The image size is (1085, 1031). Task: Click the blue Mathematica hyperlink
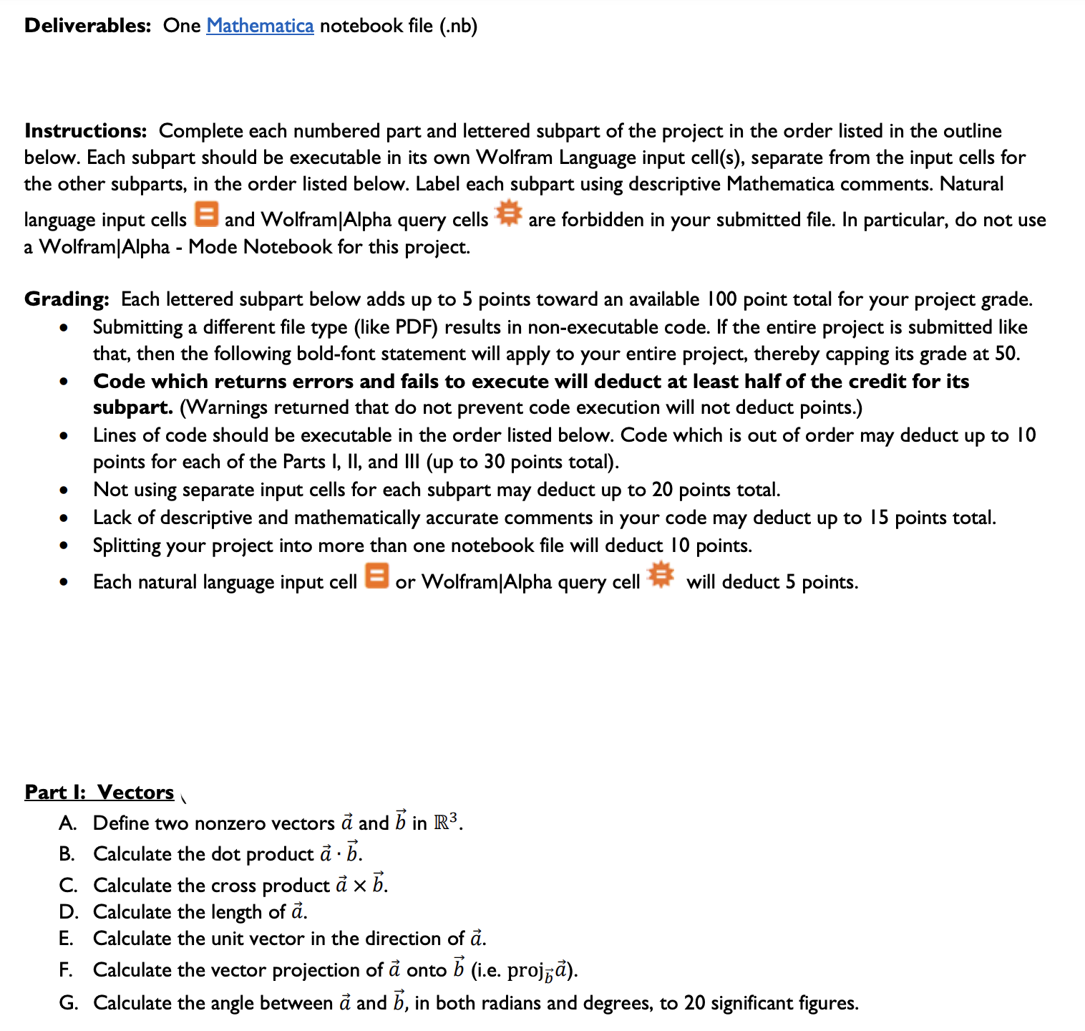[x=260, y=26]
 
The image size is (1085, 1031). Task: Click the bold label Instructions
[x=85, y=131]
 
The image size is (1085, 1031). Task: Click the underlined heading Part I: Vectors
[x=99, y=792]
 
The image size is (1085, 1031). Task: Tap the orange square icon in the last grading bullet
[x=376, y=575]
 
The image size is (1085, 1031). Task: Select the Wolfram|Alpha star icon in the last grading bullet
[x=661, y=574]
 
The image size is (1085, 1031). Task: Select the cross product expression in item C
[x=360, y=884]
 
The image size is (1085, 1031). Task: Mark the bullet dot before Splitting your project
[x=64, y=546]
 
